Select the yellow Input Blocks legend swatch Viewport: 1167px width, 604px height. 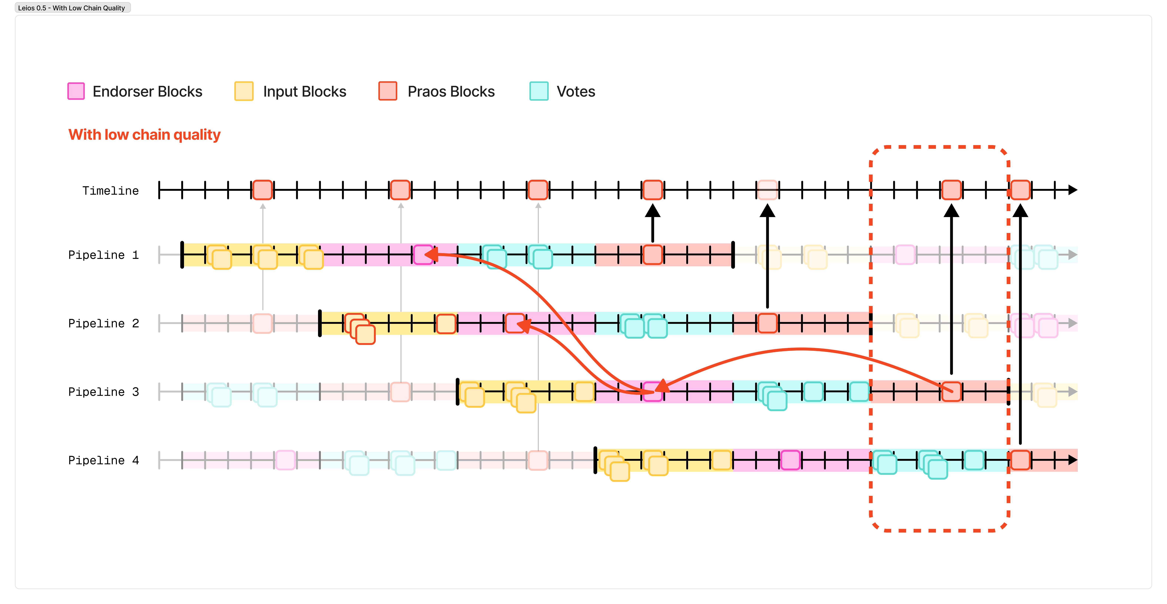(244, 91)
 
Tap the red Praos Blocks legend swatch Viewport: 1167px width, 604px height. (388, 91)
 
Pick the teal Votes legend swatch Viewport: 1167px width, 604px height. (539, 91)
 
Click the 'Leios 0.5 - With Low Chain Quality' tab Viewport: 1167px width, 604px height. (72, 8)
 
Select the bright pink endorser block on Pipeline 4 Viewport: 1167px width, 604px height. (790, 460)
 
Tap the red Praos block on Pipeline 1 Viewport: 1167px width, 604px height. (652, 255)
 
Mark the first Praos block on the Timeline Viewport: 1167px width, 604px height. (262, 190)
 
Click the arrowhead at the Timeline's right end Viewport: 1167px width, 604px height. (1073, 190)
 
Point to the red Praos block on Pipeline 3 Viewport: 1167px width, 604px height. (951, 392)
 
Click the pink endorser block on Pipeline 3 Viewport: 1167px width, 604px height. (652, 392)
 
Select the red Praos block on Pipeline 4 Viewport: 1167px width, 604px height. (1020, 460)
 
